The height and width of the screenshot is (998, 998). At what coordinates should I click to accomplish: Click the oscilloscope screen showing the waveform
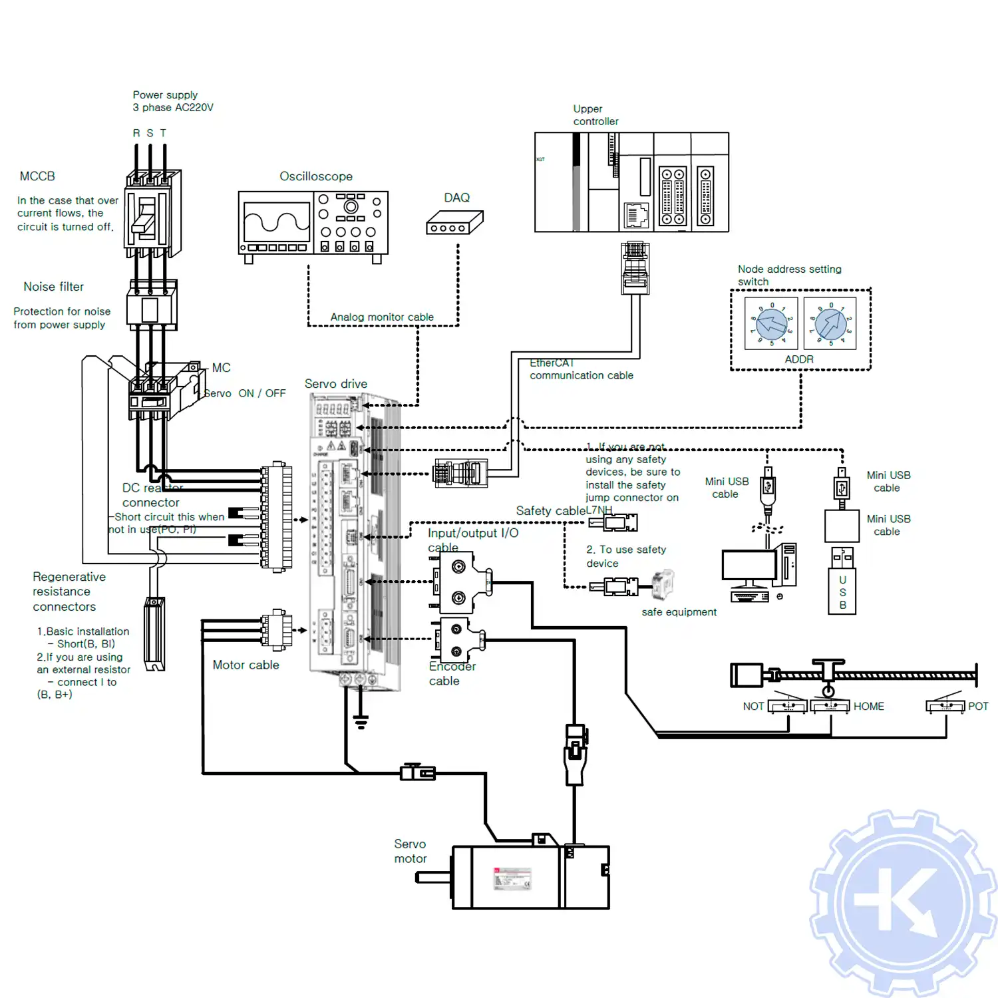[277, 222]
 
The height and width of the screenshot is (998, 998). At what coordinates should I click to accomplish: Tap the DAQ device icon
[454, 223]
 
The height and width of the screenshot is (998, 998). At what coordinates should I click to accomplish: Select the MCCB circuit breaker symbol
[152, 213]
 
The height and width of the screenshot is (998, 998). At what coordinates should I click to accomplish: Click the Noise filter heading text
[54, 287]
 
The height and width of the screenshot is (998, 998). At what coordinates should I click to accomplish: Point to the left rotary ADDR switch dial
[772, 324]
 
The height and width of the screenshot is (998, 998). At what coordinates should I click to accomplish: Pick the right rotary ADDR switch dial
[830, 324]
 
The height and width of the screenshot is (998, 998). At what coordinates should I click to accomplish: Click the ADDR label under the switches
[799, 359]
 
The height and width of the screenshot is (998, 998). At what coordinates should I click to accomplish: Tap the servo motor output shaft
[433, 878]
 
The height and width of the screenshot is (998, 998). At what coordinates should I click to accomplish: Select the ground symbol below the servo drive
[361, 721]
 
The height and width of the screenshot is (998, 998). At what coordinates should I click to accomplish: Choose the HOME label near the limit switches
[869, 707]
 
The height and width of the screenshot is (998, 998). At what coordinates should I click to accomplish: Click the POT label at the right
[978, 707]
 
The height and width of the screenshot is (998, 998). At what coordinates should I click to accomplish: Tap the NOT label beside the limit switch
[753, 707]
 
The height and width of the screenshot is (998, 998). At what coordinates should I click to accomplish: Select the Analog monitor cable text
[382, 317]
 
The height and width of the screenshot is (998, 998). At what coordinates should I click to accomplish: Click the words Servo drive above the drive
[336, 384]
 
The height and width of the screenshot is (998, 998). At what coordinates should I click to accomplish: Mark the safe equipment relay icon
[663, 584]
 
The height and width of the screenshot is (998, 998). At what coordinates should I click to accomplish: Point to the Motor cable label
[246, 665]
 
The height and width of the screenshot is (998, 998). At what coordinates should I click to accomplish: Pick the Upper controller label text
[595, 115]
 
